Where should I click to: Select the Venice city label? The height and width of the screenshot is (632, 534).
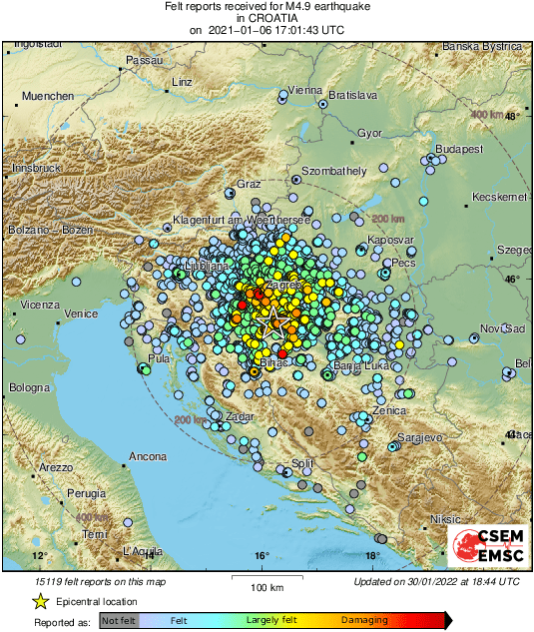point(80,313)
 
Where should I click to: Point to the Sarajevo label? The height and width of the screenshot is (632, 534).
point(420,437)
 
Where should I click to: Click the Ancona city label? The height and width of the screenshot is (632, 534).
point(148,456)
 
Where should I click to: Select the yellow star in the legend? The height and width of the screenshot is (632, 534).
point(41,601)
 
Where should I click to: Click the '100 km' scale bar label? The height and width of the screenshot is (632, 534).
point(262,586)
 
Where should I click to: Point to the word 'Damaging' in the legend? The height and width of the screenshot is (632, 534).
point(364,620)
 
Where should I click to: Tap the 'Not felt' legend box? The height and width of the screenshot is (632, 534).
point(119,620)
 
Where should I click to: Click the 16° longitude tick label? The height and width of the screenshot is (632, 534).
point(261,555)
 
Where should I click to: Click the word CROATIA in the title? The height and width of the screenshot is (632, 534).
point(267,18)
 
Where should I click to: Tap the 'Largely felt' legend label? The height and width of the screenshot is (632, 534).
point(272,620)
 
